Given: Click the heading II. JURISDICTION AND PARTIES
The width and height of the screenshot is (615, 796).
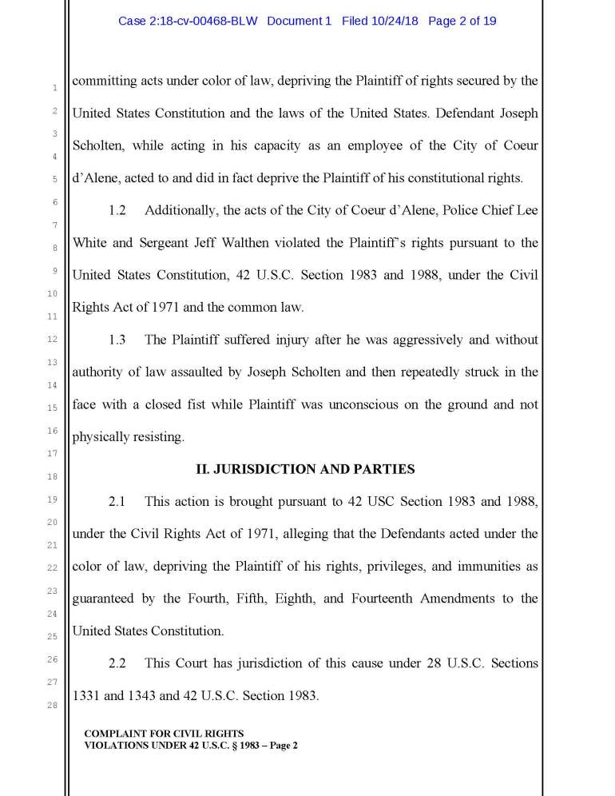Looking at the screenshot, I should [x=305, y=469].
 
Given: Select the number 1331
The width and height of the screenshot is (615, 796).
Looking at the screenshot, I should [x=86, y=696].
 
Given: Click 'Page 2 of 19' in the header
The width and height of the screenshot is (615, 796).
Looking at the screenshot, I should [x=462, y=21].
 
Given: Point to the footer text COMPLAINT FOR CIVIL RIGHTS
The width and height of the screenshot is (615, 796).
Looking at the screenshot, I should [x=164, y=733].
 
